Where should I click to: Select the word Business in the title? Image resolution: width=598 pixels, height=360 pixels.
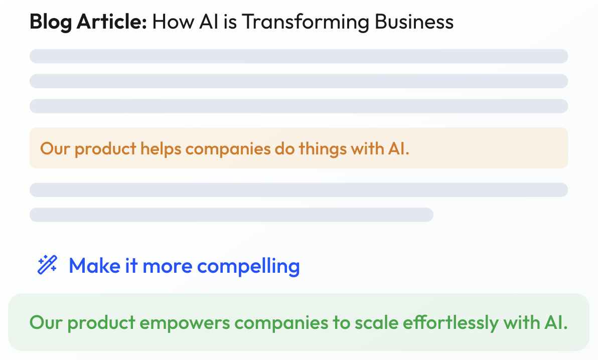coord(414,22)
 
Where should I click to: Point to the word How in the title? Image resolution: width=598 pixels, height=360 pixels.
coord(173,22)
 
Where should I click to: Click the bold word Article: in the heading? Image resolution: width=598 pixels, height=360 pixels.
coord(112,22)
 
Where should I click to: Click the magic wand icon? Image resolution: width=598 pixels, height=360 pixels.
coord(47,265)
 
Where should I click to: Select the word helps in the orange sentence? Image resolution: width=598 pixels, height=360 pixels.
coord(161,149)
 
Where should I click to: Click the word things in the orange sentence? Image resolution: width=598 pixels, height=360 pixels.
coord(322,149)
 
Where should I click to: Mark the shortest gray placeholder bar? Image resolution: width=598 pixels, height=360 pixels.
coord(231,215)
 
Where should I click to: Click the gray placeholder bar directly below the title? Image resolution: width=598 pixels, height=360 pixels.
coord(298,56)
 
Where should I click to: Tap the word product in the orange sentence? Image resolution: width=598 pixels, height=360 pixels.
coord(105,149)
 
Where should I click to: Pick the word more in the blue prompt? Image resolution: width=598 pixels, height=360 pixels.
coord(168,266)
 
